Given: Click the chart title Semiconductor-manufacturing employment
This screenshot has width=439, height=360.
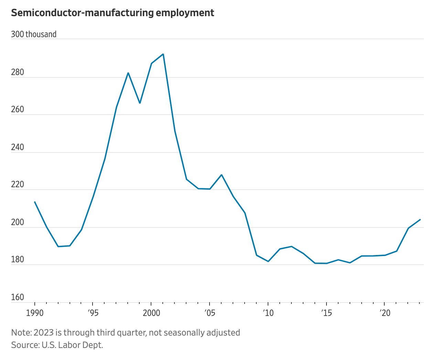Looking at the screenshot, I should tap(113, 13).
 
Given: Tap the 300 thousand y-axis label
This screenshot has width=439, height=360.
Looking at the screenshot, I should tap(34, 34).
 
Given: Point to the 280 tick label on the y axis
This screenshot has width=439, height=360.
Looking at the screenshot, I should tap(18, 72).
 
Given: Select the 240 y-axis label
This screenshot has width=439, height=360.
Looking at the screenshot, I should tap(18, 147).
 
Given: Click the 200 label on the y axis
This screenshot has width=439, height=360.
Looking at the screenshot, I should tap(18, 222).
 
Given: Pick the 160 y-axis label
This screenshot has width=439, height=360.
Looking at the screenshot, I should tap(18, 297).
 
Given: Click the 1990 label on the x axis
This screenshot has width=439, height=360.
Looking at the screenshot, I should tap(34, 313).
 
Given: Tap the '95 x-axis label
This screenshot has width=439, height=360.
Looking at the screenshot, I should tap(93, 313).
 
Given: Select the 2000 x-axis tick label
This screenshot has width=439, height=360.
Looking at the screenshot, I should tap(151, 313).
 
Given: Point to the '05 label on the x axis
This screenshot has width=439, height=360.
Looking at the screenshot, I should tap(210, 313).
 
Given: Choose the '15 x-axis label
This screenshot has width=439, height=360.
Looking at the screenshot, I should tap(326, 313).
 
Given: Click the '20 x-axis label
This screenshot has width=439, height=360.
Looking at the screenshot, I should tap(385, 313).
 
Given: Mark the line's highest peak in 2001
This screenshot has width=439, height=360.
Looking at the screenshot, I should tap(163, 54).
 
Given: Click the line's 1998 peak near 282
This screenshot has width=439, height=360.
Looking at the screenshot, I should tap(128, 73).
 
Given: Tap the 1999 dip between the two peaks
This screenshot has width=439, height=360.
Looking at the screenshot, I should tap(140, 103).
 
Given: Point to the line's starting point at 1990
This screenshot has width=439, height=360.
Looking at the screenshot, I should tap(35, 202).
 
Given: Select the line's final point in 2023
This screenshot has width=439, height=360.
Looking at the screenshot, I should tap(420, 220).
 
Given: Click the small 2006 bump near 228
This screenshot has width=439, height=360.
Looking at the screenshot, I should tap(222, 175).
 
